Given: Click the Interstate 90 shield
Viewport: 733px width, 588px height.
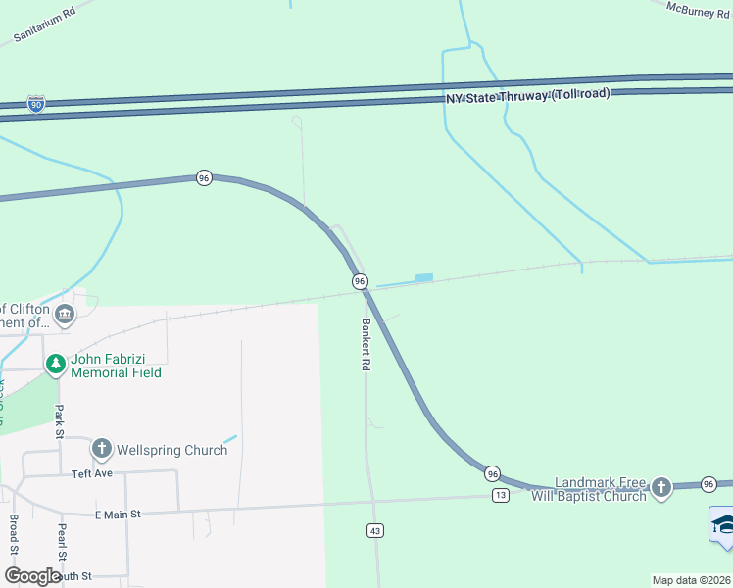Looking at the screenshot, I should coord(35,103).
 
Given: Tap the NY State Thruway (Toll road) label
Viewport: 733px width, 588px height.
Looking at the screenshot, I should coord(528,95).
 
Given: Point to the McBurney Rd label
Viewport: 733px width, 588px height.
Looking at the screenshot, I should coord(699,8).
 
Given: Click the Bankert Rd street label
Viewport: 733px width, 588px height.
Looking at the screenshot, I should coord(366,344).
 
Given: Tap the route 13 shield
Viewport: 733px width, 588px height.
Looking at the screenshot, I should coord(501,496).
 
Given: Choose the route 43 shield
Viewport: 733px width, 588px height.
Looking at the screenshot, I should coord(374,531).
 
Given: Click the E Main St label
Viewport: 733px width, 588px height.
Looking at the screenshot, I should coord(118,514).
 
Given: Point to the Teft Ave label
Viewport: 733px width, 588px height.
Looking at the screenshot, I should coord(93,473).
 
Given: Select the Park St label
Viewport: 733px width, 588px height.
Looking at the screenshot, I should coord(59,420).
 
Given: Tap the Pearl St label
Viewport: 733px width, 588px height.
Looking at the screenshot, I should coord(61,538).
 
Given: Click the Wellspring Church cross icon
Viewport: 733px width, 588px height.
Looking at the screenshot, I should coord(101,449).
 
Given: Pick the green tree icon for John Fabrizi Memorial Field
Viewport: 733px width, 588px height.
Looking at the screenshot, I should coord(56,365).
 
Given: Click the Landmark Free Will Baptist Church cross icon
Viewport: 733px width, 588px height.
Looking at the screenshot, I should coord(661,488).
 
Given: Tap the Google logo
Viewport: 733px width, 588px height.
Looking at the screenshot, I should coord(32,577).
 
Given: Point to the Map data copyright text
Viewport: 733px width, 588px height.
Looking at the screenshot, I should coord(691,580).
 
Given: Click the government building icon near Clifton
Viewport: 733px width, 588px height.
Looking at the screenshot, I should coord(65,315).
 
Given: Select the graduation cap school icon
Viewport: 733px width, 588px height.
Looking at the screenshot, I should coord(723,524).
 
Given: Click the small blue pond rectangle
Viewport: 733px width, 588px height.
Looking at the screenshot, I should coord(423,278).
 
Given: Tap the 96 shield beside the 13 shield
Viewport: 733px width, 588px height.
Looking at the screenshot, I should coord(493,473).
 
